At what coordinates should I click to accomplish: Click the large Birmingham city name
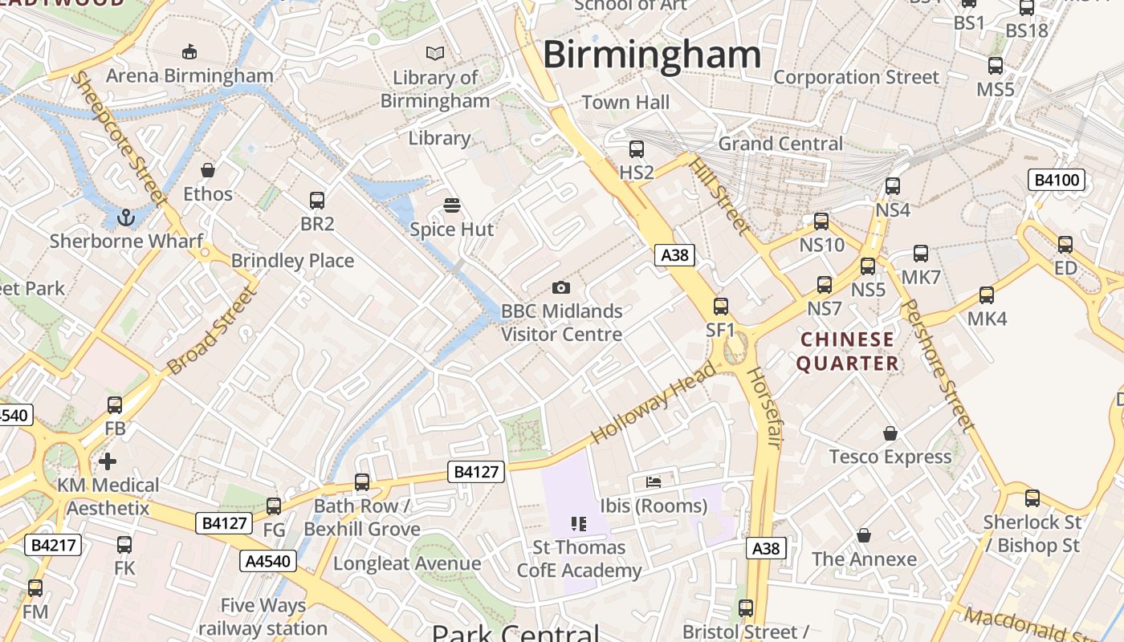(652, 55)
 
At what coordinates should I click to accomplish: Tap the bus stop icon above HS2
(637, 149)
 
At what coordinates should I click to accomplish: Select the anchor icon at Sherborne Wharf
(126, 217)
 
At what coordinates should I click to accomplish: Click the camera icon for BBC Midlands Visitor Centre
(561, 287)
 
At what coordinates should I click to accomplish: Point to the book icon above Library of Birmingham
(435, 54)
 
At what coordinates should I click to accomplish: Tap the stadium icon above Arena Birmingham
(189, 52)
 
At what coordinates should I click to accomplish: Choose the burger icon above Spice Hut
(452, 205)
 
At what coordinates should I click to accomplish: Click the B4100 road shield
(1057, 180)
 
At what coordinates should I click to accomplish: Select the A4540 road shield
(265, 561)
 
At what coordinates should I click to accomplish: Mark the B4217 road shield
(54, 546)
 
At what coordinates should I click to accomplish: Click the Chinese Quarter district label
(848, 351)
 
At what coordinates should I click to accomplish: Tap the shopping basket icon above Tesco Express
(890, 434)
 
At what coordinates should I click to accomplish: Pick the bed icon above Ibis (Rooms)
(654, 482)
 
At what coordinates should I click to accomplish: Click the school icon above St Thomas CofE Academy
(579, 524)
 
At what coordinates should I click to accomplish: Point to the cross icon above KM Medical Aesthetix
(108, 461)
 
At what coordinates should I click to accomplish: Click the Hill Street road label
(719, 196)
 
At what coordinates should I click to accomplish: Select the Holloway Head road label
(653, 402)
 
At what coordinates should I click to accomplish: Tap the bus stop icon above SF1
(721, 307)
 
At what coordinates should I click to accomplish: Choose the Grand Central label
(780, 144)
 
